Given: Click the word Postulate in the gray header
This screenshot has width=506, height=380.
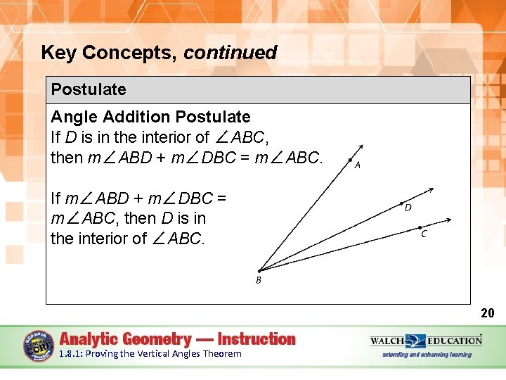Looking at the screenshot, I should point(89,89).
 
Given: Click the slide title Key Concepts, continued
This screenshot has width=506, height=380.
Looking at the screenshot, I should point(159,53).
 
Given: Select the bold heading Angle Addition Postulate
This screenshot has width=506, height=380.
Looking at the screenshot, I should point(150,117).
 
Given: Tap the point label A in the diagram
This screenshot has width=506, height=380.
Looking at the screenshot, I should point(358,165).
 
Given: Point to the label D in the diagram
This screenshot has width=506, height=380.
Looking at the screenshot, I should point(408,208).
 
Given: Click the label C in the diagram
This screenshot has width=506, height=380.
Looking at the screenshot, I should point(424,234).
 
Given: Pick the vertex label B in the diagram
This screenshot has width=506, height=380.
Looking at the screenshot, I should point(258,280).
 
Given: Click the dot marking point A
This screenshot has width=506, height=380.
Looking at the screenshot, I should point(351,160).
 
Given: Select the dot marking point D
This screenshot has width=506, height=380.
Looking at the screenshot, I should point(403,200).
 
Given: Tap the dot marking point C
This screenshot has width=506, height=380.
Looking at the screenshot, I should point(420,227).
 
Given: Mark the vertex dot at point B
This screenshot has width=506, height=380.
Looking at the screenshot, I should point(259,270).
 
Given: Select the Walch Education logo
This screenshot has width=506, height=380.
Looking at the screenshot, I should point(426,341).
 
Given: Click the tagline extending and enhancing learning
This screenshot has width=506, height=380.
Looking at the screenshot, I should point(426,355).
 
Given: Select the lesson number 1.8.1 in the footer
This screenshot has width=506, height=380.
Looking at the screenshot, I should point(70,354).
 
